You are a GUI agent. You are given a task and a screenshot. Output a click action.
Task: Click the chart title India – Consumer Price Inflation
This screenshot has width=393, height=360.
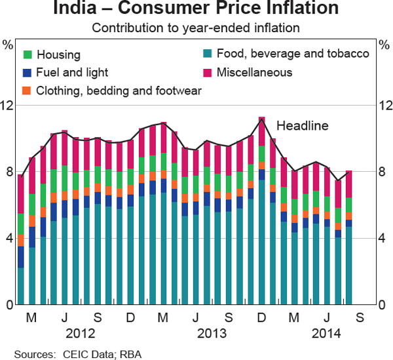[x=196, y=10]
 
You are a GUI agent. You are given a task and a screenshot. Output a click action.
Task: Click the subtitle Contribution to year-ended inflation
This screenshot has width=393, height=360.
[x=196, y=28]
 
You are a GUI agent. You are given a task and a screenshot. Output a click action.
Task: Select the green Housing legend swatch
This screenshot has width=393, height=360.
[x=28, y=54]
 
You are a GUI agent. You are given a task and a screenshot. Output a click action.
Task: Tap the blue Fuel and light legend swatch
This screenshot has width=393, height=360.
[x=28, y=72]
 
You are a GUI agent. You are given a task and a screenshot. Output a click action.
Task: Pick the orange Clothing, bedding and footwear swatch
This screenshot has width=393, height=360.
[x=28, y=90]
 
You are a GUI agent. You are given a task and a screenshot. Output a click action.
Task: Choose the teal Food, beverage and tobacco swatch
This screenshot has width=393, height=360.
[x=208, y=54]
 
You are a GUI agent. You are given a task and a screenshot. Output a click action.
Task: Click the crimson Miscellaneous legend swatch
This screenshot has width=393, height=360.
[x=208, y=72]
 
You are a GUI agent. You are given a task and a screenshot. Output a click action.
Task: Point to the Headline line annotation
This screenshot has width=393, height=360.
[x=302, y=125]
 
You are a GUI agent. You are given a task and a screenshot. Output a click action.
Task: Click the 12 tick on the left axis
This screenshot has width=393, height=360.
[x=8, y=106]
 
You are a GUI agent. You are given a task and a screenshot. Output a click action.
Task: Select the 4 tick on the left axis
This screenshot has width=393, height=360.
[x=8, y=239]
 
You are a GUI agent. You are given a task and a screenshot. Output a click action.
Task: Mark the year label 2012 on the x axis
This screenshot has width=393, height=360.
[x=81, y=333]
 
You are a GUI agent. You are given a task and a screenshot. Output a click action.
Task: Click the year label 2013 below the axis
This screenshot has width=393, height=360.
[x=212, y=333]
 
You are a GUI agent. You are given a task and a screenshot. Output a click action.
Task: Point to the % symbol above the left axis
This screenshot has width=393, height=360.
[x=8, y=45]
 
